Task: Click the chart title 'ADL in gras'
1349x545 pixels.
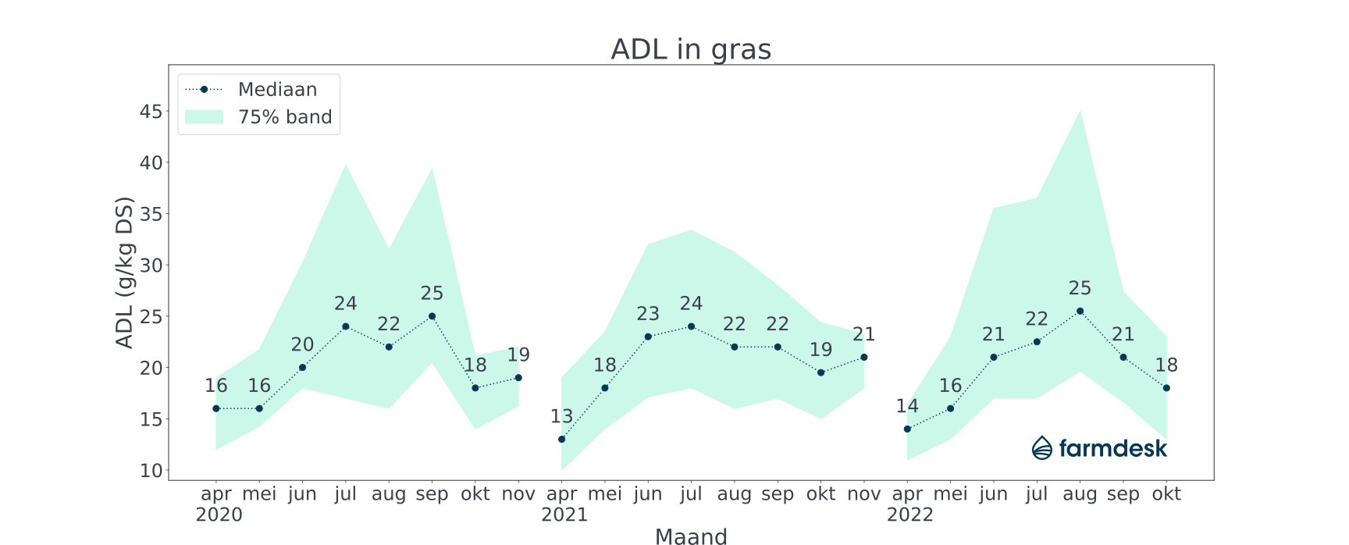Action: (x=691, y=49)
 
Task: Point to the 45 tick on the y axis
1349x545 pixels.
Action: (x=151, y=112)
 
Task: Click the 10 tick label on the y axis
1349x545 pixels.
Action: (x=151, y=471)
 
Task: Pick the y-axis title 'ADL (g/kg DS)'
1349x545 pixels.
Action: (x=125, y=272)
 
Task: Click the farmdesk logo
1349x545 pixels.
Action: (x=1099, y=448)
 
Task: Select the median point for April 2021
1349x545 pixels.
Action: (x=562, y=440)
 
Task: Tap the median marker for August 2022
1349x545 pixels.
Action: (x=1080, y=311)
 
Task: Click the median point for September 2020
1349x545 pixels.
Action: (x=432, y=316)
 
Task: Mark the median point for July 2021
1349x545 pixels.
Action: (x=691, y=326)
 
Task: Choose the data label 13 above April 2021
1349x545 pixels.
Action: (x=562, y=417)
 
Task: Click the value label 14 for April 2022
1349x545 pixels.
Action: (x=907, y=407)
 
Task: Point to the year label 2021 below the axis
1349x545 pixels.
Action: (x=564, y=515)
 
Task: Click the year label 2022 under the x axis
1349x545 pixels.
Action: (x=910, y=515)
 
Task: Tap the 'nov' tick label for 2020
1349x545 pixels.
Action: (x=518, y=494)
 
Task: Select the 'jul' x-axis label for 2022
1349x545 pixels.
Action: (x=1037, y=494)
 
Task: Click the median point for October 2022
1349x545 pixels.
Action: (x=1166, y=388)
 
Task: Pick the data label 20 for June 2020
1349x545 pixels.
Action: (x=302, y=345)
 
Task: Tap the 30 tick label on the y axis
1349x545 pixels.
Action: (x=151, y=265)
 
